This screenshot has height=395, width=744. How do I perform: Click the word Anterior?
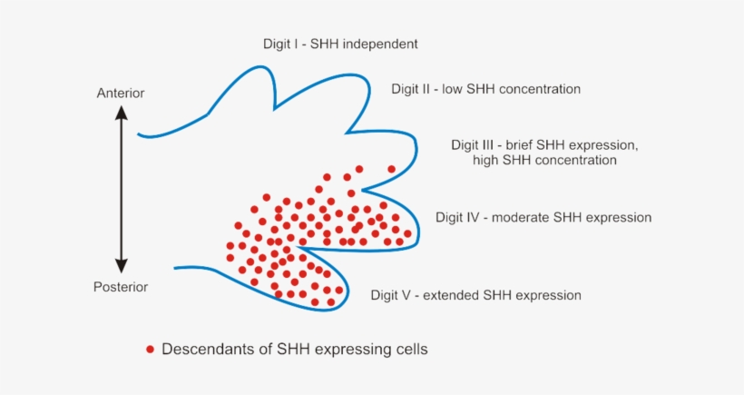click(121, 93)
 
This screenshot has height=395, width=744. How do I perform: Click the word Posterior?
click(121, 287)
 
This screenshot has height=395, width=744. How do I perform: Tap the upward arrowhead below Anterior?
click(121, 113)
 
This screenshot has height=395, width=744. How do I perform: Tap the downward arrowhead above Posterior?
click(121, 266)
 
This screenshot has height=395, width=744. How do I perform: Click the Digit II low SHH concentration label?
click(485, 89)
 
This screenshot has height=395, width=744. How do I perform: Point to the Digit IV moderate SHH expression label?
click(543, 218)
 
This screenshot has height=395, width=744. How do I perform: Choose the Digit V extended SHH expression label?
click(475, 295)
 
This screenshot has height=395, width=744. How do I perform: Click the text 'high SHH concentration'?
click(544, 160)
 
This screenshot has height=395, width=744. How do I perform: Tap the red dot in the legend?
click(150, 349)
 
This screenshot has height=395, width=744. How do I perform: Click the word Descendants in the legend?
click(204, 349)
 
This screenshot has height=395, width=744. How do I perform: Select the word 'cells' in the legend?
click(408, 349)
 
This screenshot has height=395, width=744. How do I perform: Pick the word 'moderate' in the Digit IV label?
click(524, 218)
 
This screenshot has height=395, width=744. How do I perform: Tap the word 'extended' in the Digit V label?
click(454, 295)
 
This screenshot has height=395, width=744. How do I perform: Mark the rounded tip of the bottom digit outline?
click(348, 293)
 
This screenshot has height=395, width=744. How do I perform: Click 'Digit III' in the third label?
click(475, 144)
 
